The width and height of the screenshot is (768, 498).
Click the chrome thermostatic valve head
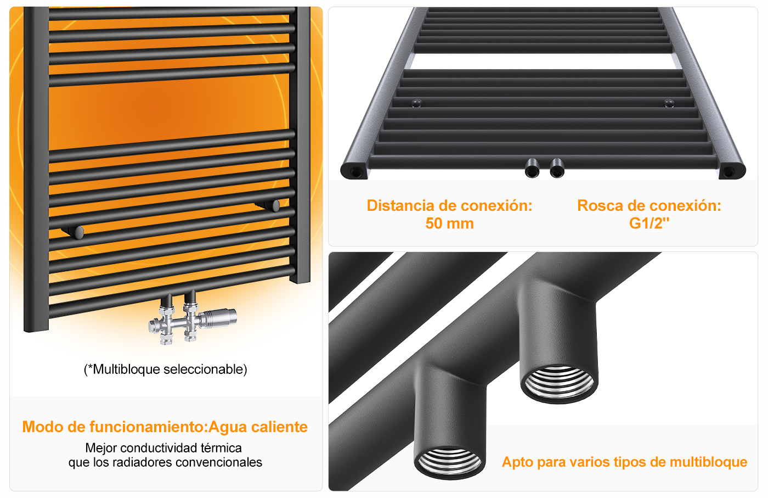coord(218,317)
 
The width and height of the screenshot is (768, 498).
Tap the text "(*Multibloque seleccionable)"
coord(166,370)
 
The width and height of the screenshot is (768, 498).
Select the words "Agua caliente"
coord(258,427)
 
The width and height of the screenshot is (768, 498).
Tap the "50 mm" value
coord(449,223)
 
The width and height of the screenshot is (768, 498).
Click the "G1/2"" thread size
coord(649,223)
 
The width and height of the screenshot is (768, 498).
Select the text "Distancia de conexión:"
coord(449,205)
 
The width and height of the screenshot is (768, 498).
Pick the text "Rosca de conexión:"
coord(649,205)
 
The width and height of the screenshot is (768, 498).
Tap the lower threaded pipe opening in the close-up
coord(449,462)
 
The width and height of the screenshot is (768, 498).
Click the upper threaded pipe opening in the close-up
coord(559,384)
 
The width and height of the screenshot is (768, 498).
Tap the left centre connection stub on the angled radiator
coord(532,168)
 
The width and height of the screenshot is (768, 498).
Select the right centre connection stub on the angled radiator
coord(557,168)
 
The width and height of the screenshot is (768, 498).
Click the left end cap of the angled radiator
coord(354,171)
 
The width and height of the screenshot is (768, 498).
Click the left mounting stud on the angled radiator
coord(416,103)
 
